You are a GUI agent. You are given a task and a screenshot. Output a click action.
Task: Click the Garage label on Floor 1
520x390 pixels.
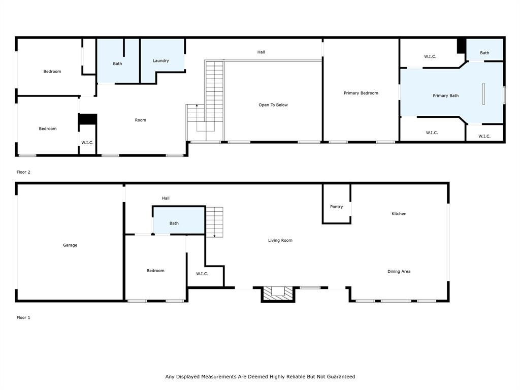[x=70, y=245]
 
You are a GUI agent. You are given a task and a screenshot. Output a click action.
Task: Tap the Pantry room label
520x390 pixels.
[x=336, y=207]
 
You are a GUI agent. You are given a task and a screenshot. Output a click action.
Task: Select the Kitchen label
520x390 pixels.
[x=399, y=214]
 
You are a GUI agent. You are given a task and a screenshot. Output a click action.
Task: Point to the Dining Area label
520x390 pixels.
[x=399, y=272]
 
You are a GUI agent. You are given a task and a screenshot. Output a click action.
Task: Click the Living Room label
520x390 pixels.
[x=280, y=240]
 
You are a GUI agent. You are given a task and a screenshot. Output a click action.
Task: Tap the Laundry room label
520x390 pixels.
[x=160, y=61]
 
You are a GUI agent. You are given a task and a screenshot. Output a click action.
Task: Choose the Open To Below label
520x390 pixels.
[x=273, y=105]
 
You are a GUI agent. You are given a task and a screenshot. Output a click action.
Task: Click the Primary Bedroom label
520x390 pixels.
[x=361, y=93]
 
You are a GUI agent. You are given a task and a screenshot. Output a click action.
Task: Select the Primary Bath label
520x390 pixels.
[x=445, y=95]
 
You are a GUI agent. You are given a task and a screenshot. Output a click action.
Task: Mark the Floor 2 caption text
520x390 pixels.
[x=23, y=172]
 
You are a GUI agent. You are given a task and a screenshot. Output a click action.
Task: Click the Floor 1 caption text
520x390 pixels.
[x=23, y=317]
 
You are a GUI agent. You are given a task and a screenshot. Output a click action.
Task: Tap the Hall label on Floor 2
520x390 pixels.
[x=261, y=52]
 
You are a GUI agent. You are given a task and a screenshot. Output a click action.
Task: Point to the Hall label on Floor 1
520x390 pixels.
[x=166, y=198]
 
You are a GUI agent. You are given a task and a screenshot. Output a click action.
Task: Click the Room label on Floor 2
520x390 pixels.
[x=141, y=120]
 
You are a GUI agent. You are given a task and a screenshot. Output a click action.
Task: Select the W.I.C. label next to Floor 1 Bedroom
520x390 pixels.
[x=202, y=274]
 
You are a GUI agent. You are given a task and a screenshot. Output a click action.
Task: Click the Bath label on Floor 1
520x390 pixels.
[x=174, y=223]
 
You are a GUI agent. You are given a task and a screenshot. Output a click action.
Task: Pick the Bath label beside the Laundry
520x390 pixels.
[x=117, y=63]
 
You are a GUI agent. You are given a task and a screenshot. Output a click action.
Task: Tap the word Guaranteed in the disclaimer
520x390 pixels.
[x=339, y=377]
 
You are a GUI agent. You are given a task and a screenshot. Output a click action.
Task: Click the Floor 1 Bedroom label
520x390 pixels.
[x=155, y=271]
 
